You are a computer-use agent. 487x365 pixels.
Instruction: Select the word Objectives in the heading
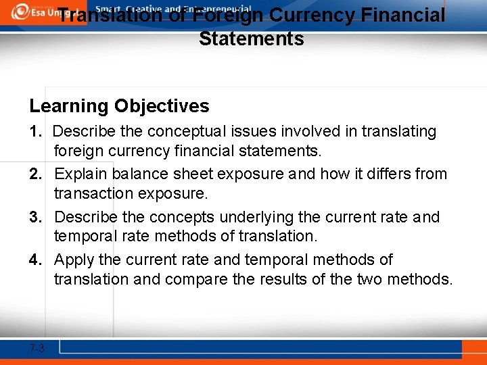pos(162,106)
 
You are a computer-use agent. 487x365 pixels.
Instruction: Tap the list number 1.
pos(35,131)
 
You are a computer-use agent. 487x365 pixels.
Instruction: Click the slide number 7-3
pos(37,349)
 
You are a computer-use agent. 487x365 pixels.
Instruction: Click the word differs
pos(388,174)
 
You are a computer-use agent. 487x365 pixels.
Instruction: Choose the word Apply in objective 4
pos(75,260)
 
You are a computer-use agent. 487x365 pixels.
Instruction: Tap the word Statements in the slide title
pos(252,39)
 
